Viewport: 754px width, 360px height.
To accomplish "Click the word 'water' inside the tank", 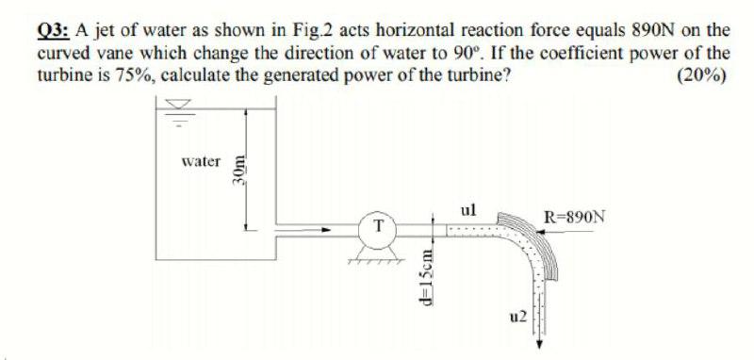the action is [x=201, y=161].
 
